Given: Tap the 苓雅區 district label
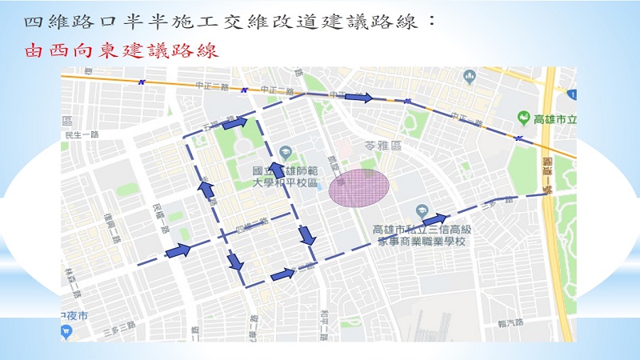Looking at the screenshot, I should coord(380,147).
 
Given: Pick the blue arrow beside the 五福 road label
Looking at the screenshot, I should coord(235,123).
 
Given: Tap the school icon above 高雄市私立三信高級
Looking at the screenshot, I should coord(422,212).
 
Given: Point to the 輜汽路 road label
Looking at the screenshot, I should coord(510,323).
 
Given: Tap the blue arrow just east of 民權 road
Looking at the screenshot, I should coord(178,250).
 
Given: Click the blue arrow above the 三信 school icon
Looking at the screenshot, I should coord(434,218).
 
